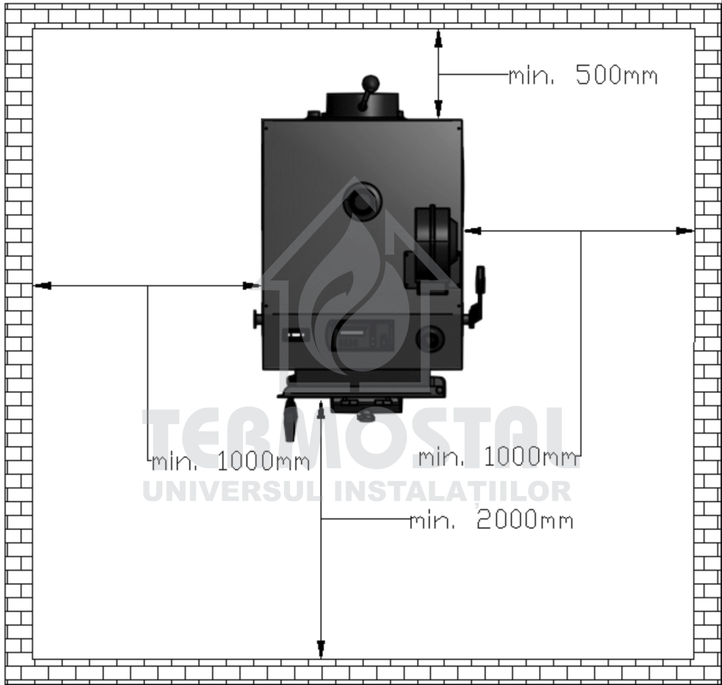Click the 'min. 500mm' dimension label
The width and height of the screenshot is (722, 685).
pyautogui.click(x=583, y=75)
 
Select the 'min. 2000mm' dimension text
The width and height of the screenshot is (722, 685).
pyautogui.click(x=491, y=520)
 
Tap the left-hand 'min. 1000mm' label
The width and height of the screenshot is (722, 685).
pyautogui.click(x=230, y=461)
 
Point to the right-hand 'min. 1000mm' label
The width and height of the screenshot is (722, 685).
pyautogui.click(x=498, y=457)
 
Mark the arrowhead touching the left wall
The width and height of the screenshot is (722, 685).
pyautogui.click(x=43, y=286)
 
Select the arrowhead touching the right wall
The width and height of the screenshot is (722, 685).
pyautogui.click(x=685, y=231)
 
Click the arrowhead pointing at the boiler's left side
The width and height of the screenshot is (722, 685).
pyautogui.click(x=251, y=286)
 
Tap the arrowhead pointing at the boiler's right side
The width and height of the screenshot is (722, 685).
pyautogui.click(x=473, y=231)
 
